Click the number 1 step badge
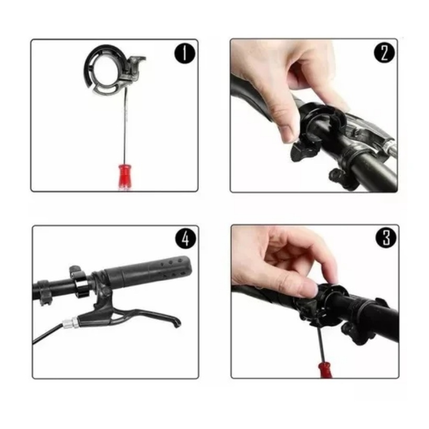coord(185,53)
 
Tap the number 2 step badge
coord(385,52)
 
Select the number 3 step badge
coord(386,238)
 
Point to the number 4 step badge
coord(186,239)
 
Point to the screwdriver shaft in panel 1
coord(126,126)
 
